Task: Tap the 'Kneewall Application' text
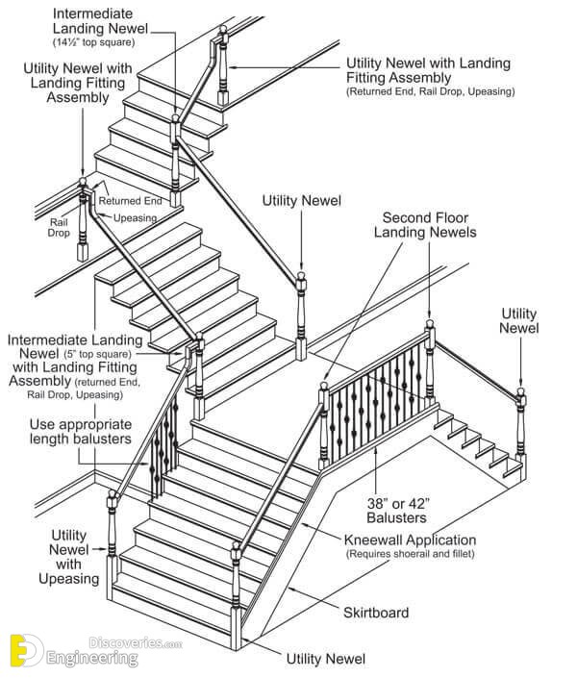(411, 540)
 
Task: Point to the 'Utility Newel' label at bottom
(326, 659)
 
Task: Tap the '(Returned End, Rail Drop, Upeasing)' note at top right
(431, 91)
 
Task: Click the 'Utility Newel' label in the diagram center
(301, 200)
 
